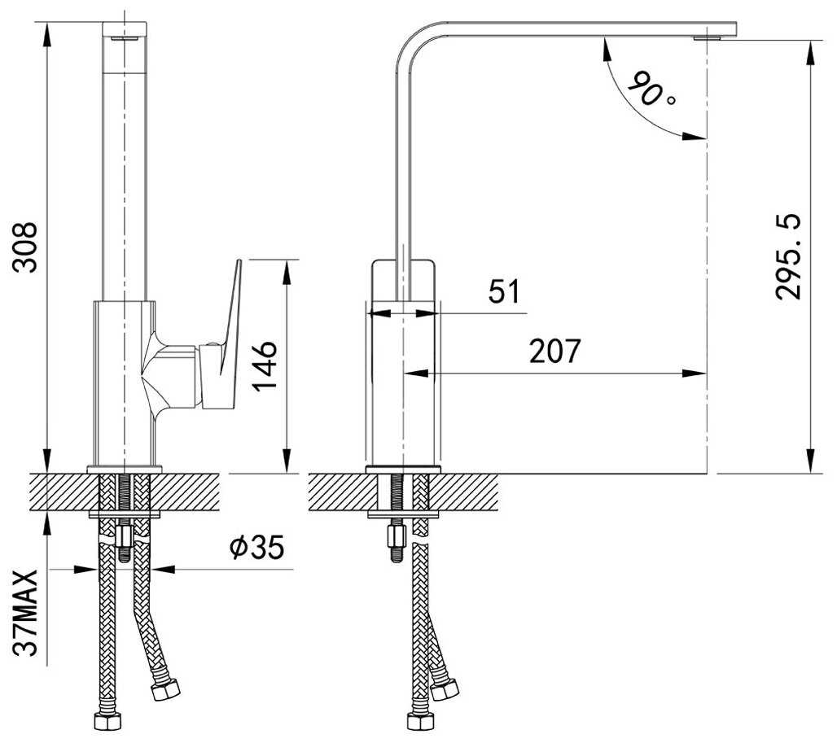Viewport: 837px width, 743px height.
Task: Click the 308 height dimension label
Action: [x=25, y=247]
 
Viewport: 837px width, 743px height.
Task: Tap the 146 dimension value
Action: [x=265, y=366]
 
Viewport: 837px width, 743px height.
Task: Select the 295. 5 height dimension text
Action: [x=788, y=256]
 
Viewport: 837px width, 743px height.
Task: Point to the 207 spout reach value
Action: [x=554, y=351]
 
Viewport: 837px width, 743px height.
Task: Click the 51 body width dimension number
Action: [x=505, y=291]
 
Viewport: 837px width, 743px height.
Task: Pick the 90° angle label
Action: [x=651, y=89]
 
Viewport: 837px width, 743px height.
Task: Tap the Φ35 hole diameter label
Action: [x=256, y=547]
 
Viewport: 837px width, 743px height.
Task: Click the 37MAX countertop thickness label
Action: [x=25, y=613]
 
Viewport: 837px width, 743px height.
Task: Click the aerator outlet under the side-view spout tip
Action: [x=707, y=38]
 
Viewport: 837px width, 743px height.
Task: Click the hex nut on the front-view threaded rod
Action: [x=125, y=535]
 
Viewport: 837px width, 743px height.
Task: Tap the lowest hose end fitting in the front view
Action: [x=107, y=722]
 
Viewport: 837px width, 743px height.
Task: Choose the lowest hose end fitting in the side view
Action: [x=421, y=722]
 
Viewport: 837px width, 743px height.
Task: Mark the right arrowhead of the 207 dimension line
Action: [x=695, y=374]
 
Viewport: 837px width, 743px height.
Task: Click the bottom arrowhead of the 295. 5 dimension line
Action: [x=811, y=461]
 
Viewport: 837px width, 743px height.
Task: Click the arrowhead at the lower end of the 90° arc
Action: [x=695, y=137]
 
